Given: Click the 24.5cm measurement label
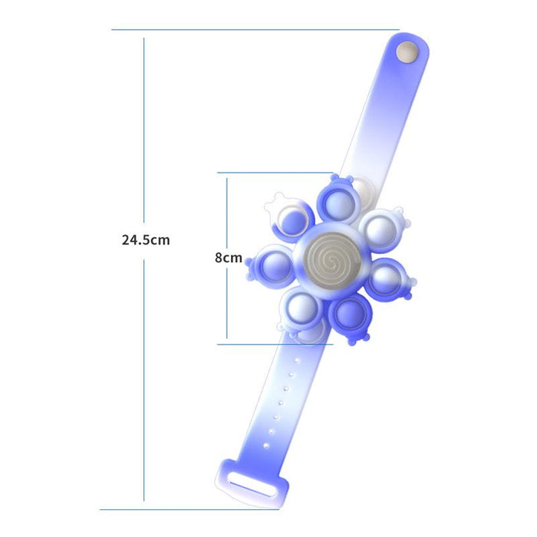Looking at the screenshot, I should tap(146, 239).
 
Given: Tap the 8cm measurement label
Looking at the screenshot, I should tap(228, 259).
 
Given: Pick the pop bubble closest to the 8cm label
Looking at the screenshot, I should tap(272, 265).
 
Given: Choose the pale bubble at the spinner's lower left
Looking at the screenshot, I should tap(302, 310).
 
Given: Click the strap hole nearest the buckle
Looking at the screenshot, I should tap(265, 445).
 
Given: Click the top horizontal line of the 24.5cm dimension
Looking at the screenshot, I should tap(253, 30).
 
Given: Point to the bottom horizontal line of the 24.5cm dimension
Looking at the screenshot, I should tap(188, 509).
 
